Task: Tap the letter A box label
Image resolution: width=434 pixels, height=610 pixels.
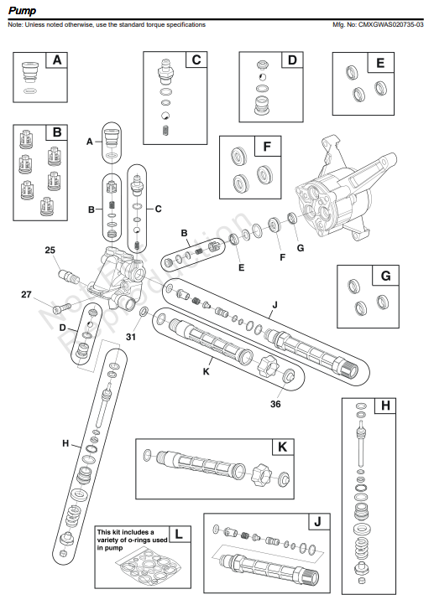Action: click(x=57, y=60)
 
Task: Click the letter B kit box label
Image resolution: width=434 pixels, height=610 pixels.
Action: click(x=57, y=132)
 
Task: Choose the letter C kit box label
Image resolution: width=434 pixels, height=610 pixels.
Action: click(x=195, y=59)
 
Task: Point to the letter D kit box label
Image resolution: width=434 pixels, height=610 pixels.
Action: click(x=291, y=60)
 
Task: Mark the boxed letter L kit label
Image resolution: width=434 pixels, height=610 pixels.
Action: click(x=179, y=533)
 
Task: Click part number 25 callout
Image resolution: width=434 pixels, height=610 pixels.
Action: click(x=50, y=251)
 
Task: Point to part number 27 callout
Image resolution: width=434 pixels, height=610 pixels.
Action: click(x=26, y=294)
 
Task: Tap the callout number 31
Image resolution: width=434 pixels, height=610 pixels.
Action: click(x=129, y=337)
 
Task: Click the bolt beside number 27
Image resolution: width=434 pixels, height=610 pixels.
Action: click(x=54, y=308)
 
